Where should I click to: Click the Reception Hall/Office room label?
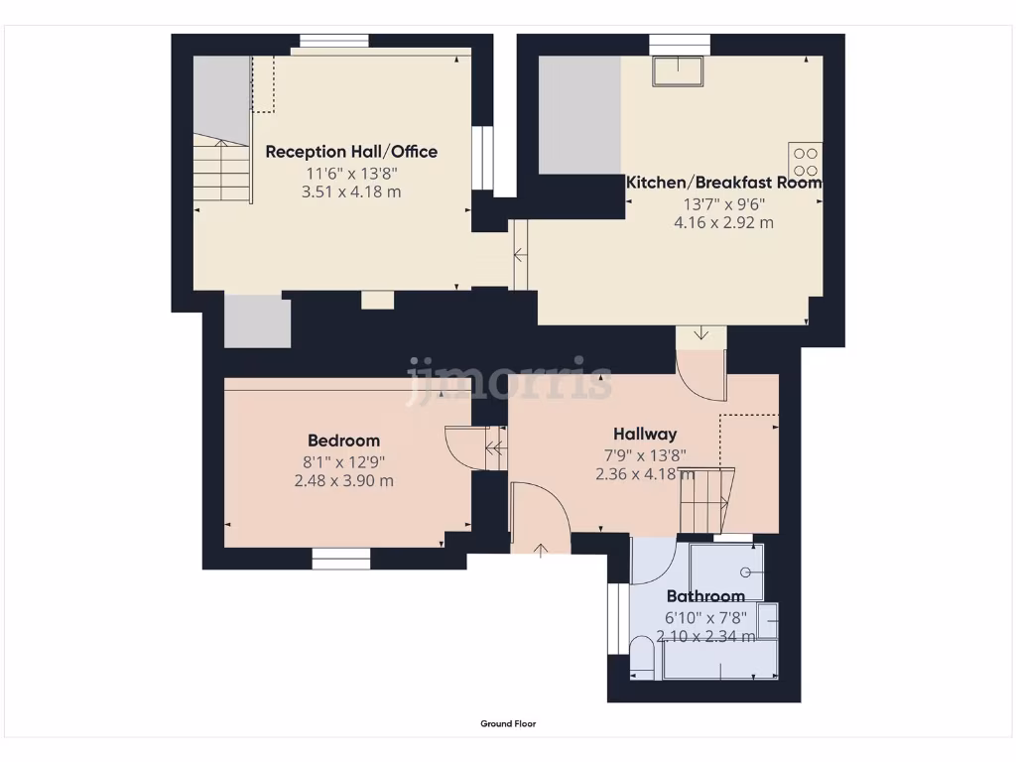pyautogui.click(x=351, y=152)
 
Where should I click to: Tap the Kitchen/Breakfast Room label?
pyautogui.click(x=723, y=183)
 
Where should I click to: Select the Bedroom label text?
pyautogui.click(x=343, y=441)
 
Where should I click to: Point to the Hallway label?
pyautogui.click(x=645, y=434)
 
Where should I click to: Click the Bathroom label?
pyautogui.click(x=704, y=596)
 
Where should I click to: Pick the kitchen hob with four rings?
pyautogui.click(x=806, y=162)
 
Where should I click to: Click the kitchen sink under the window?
pyautogui.click(x=680, y=71)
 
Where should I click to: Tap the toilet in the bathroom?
pyautogui.click(x=642, y=659)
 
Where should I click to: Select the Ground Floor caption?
pyautogui.click(x=508, y=724)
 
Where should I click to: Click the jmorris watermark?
pyautogui.click(x=509, y=380)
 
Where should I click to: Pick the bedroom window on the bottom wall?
pyautogui.click(x=340, y=560)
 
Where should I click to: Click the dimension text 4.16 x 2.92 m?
pyautogui.click(x=723, y=223)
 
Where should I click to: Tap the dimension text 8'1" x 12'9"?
pyautogui.click(x=343, y=461)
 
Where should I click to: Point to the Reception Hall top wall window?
pyautogui.click(x=334, y=42)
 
